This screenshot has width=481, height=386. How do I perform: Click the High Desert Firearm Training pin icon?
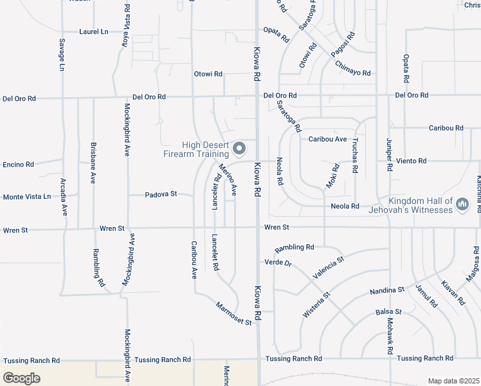pyautogui.click(x=240, y=149)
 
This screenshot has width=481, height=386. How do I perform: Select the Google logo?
pyautogui.click(x=22, y=378)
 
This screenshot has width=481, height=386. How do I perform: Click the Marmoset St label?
pyautogui.click(x=233, y=313)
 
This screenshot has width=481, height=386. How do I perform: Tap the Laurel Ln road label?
pyautogui.click(x=93, y=31)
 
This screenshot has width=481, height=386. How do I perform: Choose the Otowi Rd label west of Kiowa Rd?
pyautogui.click(x=208, y=74)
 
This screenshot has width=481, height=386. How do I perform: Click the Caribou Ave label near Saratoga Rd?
pyautogui.click(x=327, y=139)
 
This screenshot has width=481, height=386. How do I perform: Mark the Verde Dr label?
pyautogui.click(x=278, y=262)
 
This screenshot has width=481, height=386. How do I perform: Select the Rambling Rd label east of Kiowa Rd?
pyautogui.click(x=294, y=248)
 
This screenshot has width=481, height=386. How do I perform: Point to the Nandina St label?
pyautogui.click(x=386, y=291)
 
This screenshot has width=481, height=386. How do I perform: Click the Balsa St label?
pyautogui.click(x=388, y=312)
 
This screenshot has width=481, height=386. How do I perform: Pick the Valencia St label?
pyautogui.click(x=328, y=266)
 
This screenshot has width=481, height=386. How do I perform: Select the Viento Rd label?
pyautogui.click(x=411, y=161)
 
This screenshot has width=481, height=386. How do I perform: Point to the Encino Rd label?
pyautogui.click(x=18, y=165)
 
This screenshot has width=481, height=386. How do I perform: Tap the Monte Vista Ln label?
pyautogui.click(x=27, y=197)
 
